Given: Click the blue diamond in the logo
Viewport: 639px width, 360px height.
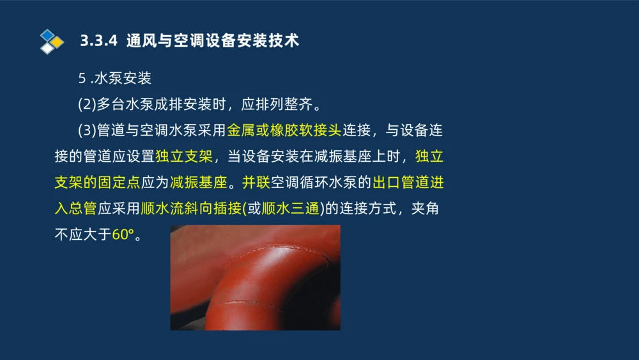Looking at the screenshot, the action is coord(48,35).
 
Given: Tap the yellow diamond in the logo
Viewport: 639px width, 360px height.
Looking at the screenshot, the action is coord(57,42).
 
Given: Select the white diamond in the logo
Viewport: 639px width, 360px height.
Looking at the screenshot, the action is coord(47,49).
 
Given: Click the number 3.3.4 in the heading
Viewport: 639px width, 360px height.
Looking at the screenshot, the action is coord(98,41).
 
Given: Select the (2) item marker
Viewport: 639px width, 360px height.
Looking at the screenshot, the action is coord(87,104).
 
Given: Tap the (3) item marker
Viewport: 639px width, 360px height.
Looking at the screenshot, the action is coord(87,130).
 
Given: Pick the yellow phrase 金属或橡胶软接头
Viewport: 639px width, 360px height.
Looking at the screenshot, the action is coord(284,130).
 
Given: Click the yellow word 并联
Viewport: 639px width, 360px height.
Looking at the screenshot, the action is coord(256,183).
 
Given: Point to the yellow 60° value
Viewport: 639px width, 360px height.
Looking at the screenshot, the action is coord(123,235).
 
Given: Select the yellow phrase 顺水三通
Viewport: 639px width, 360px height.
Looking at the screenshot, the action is coord(291,208).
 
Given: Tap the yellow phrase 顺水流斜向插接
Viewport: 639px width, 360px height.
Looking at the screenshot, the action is coord(191,208).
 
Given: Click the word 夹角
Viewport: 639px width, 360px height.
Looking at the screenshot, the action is coord(425,208).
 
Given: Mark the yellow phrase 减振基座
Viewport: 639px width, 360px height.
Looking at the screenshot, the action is coord(199,183).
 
